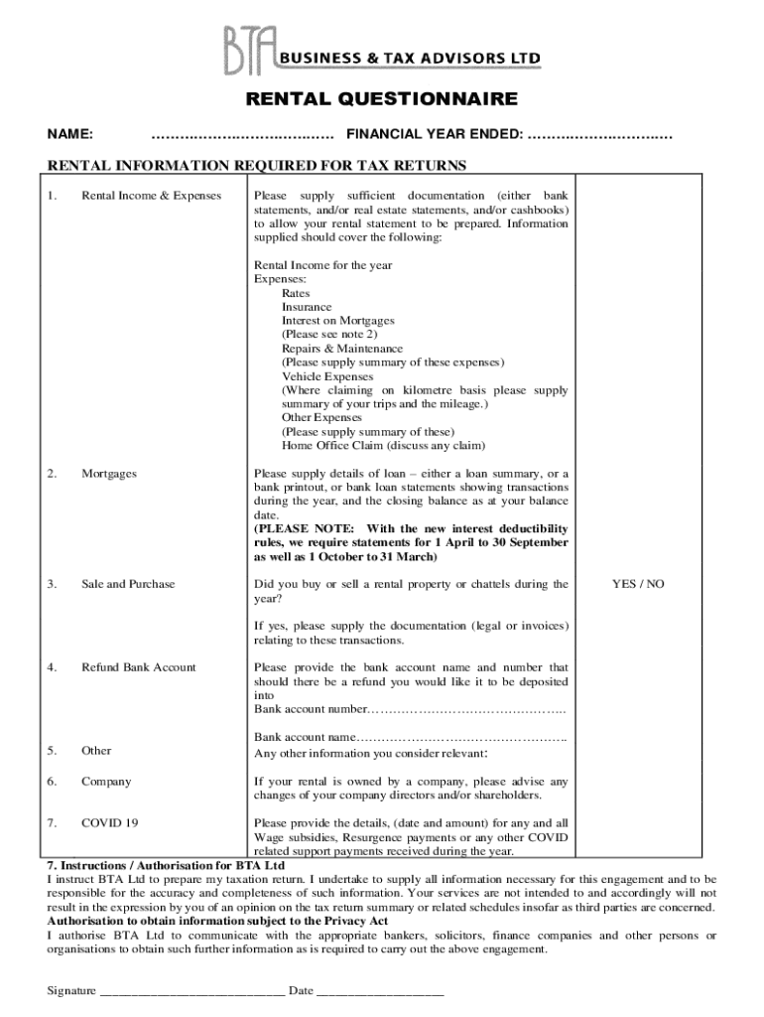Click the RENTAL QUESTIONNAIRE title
pos(382,99)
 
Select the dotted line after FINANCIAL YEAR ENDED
pos(599,134)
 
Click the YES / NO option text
pos(638,584)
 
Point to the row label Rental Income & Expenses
pos(151,196)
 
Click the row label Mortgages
pos(109,474)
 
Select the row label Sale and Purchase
pos(128,584)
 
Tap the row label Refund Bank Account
pos(139,667)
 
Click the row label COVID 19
pos(110,823)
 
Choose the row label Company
pos(106,782)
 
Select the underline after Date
pos(380,991)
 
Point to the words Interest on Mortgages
pos(338,321)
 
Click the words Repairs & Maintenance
pos(342,349)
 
